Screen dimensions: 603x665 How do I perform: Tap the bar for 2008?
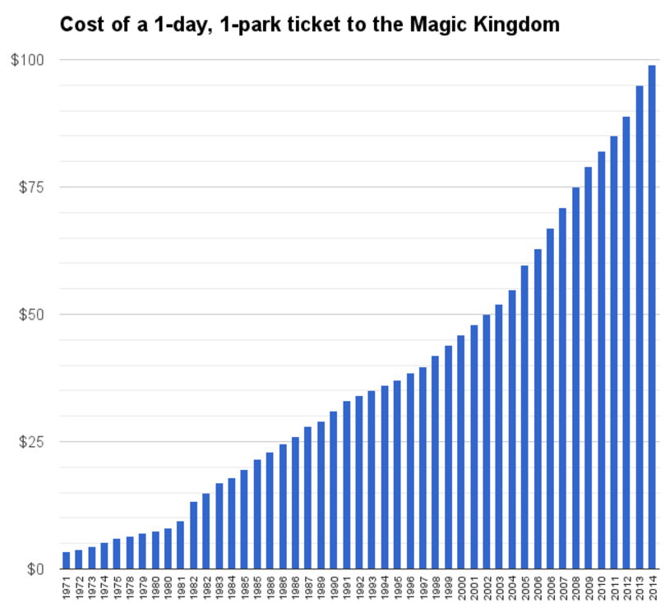575,378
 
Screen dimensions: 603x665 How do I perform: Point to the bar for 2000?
460,452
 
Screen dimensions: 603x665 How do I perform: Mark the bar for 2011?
613,352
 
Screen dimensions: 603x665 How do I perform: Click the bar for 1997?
423,467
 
